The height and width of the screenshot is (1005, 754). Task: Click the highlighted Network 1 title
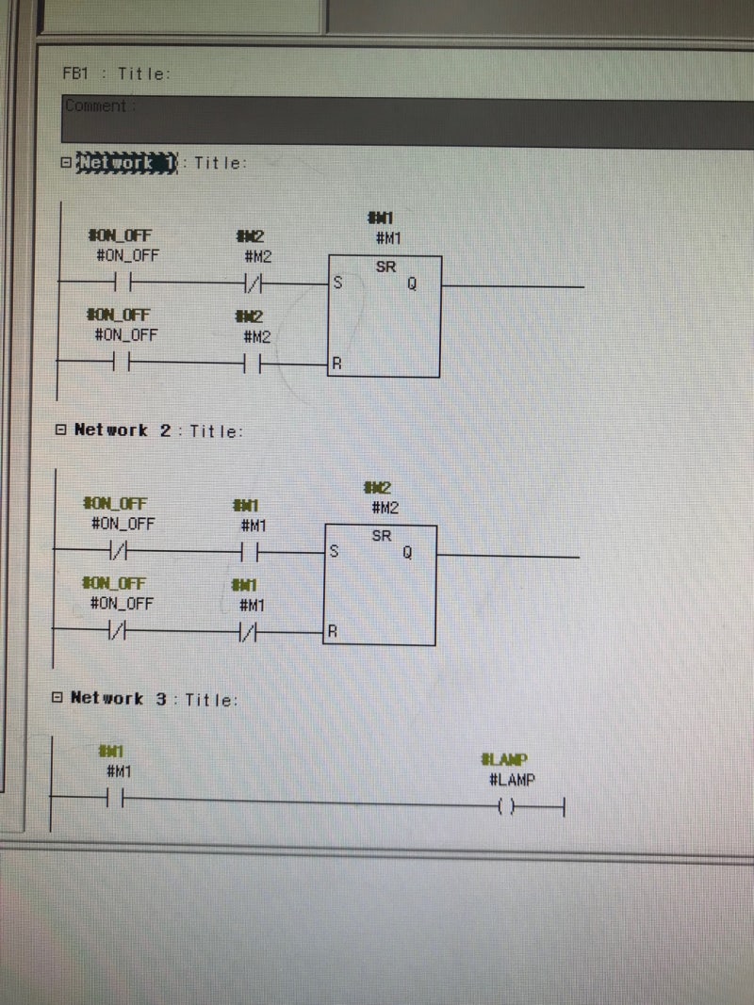tap(126, 162)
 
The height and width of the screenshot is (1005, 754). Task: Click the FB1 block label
tap(75, 73)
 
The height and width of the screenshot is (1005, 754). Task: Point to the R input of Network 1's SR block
tap(336, 364)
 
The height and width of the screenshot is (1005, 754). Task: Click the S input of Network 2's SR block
tap(334, 553)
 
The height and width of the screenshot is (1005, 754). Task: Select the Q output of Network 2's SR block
tap(407, 553)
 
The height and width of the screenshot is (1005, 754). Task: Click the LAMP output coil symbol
tap(505, 806)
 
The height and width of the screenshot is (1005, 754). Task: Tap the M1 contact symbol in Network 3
tap(117, 800)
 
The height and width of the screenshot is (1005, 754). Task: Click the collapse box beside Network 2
tap(60, 430)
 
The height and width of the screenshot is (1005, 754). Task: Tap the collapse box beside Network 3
tap(57, 698)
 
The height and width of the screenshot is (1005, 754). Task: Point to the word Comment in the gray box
tap(95, 106)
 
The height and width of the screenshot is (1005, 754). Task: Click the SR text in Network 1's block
tap(385, 267)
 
